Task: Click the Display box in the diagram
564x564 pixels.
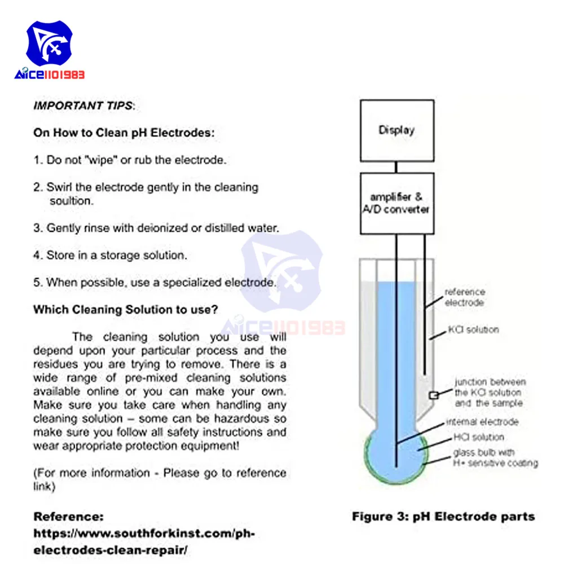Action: point(396,130)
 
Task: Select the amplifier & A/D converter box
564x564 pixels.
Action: point(396,203)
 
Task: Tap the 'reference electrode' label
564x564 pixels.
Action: point(464,297)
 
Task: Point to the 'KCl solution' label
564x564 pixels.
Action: point(473,329)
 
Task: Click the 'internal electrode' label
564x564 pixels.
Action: point(482,422)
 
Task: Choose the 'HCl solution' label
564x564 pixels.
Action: point(479,437)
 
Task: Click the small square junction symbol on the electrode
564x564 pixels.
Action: point(434,396)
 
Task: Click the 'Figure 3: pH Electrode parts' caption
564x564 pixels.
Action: point(443,516)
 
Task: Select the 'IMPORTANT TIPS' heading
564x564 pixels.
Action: point(83,105)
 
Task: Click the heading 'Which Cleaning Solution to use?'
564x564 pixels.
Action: point(126,310)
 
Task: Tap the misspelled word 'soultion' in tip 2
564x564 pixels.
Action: point(72,200)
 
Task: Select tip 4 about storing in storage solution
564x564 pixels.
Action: point(110,255)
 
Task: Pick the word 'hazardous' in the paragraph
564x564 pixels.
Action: point(235,419)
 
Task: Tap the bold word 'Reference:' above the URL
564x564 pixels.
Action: point(69,517)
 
